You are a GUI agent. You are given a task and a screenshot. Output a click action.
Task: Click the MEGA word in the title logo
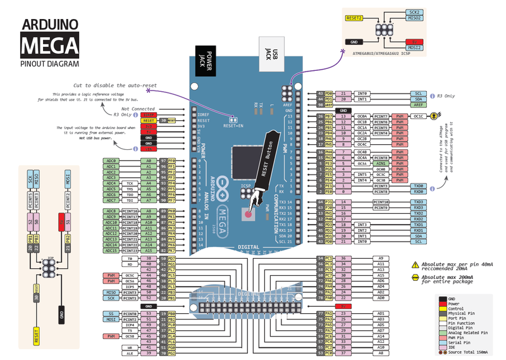(50, 45)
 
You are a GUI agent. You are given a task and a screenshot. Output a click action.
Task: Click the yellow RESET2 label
(354, 18)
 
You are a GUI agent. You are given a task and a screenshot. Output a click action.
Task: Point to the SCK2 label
(414, 12)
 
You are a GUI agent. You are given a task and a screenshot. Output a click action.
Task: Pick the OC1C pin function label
(419, 116)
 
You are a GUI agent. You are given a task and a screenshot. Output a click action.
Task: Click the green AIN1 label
(400, 163)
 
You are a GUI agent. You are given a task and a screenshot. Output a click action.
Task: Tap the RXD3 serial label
(419, 208)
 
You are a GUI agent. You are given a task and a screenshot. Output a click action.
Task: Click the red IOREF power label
(149, 115)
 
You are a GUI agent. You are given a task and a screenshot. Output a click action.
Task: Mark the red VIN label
(149, 149)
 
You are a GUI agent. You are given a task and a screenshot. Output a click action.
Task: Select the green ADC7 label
(111, 200)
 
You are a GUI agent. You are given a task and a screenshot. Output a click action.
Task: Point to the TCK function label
(130, 183)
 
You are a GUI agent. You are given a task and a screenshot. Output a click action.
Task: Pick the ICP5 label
(130, 287)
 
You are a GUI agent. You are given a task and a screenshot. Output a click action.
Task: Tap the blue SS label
(111, 313)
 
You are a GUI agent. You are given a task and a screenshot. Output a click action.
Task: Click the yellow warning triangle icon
(416, 265)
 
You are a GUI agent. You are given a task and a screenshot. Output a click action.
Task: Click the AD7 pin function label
(381, 330)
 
